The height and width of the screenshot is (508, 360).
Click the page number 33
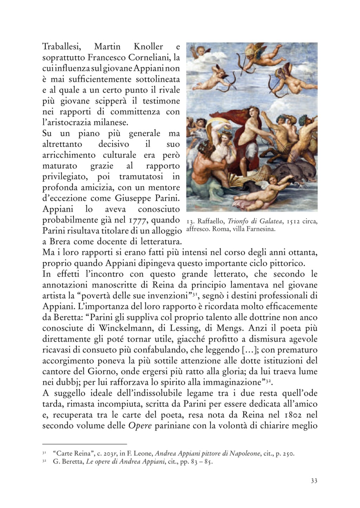(314, 481)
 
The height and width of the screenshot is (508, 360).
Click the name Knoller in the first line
(148, 46)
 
